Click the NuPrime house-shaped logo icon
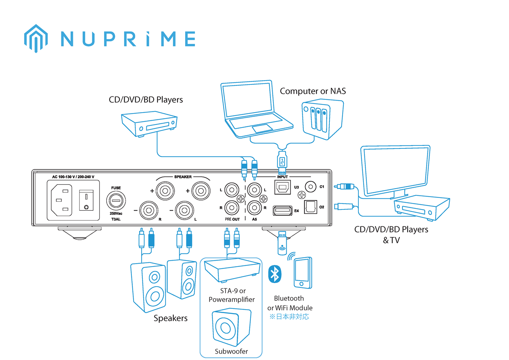(36, 38)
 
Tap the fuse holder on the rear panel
(116, 200)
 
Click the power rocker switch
(86, 200)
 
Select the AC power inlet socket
(61, 200)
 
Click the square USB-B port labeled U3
(282, 187)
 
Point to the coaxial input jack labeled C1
(311, 187)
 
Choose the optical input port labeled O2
(310, 207)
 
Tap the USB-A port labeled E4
(282, 210)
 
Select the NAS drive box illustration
(323, 119)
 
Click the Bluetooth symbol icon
(275, 274)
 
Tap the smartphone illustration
(303, 273)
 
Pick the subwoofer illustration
(231, 327)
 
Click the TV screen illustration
(396, 171)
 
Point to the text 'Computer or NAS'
(313, 91)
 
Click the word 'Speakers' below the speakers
(170, 318)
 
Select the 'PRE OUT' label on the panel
(232, 219)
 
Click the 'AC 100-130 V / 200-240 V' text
(73, 177)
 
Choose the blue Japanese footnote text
(289, 317)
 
